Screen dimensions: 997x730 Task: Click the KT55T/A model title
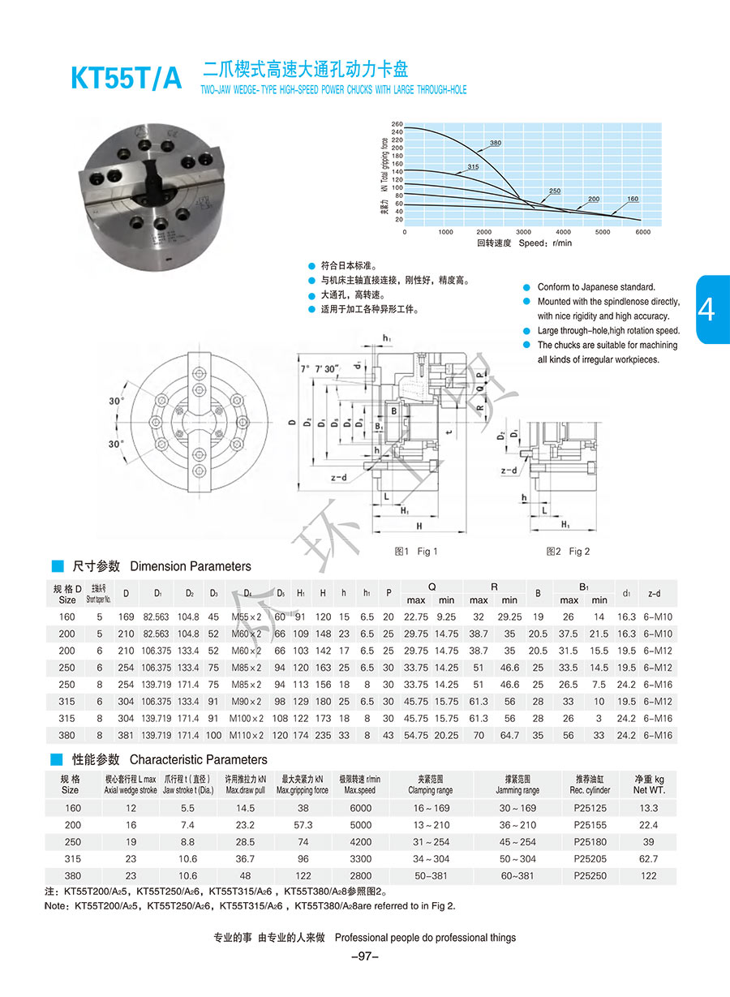click(127, 78)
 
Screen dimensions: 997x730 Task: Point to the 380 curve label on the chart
click(496, 144)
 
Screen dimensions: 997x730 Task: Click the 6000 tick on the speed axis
click(642, 232)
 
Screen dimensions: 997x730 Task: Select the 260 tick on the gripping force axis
click(397, 124)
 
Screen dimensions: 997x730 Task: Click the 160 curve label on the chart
click(633, 199)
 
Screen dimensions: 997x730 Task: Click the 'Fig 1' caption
click(416, 552)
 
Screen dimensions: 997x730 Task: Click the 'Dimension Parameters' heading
click(191, 566)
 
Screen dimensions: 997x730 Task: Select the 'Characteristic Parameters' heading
click(198, 759)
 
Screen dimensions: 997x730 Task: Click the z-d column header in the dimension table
click(660, 594)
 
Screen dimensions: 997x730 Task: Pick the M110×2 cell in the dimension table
click(248, 736)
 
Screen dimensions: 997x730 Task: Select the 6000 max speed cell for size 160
click(360, 808)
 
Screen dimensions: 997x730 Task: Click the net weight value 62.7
click(648, 858)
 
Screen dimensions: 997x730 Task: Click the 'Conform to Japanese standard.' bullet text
click(596, 287)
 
